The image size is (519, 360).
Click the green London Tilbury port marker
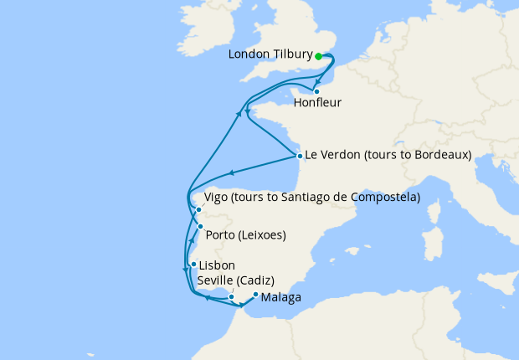point(319,56)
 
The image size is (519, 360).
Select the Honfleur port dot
point(316,91)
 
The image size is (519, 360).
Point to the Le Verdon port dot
point(299,155)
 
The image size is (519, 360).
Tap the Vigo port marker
point(198,210)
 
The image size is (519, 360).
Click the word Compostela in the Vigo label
point(385,198)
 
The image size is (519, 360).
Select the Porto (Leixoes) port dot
point(199,226)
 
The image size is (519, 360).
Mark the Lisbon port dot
point(193,265)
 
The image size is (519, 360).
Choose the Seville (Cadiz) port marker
point(232,296)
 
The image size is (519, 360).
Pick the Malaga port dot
point(254,294)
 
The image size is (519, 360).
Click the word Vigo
point(216,198)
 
